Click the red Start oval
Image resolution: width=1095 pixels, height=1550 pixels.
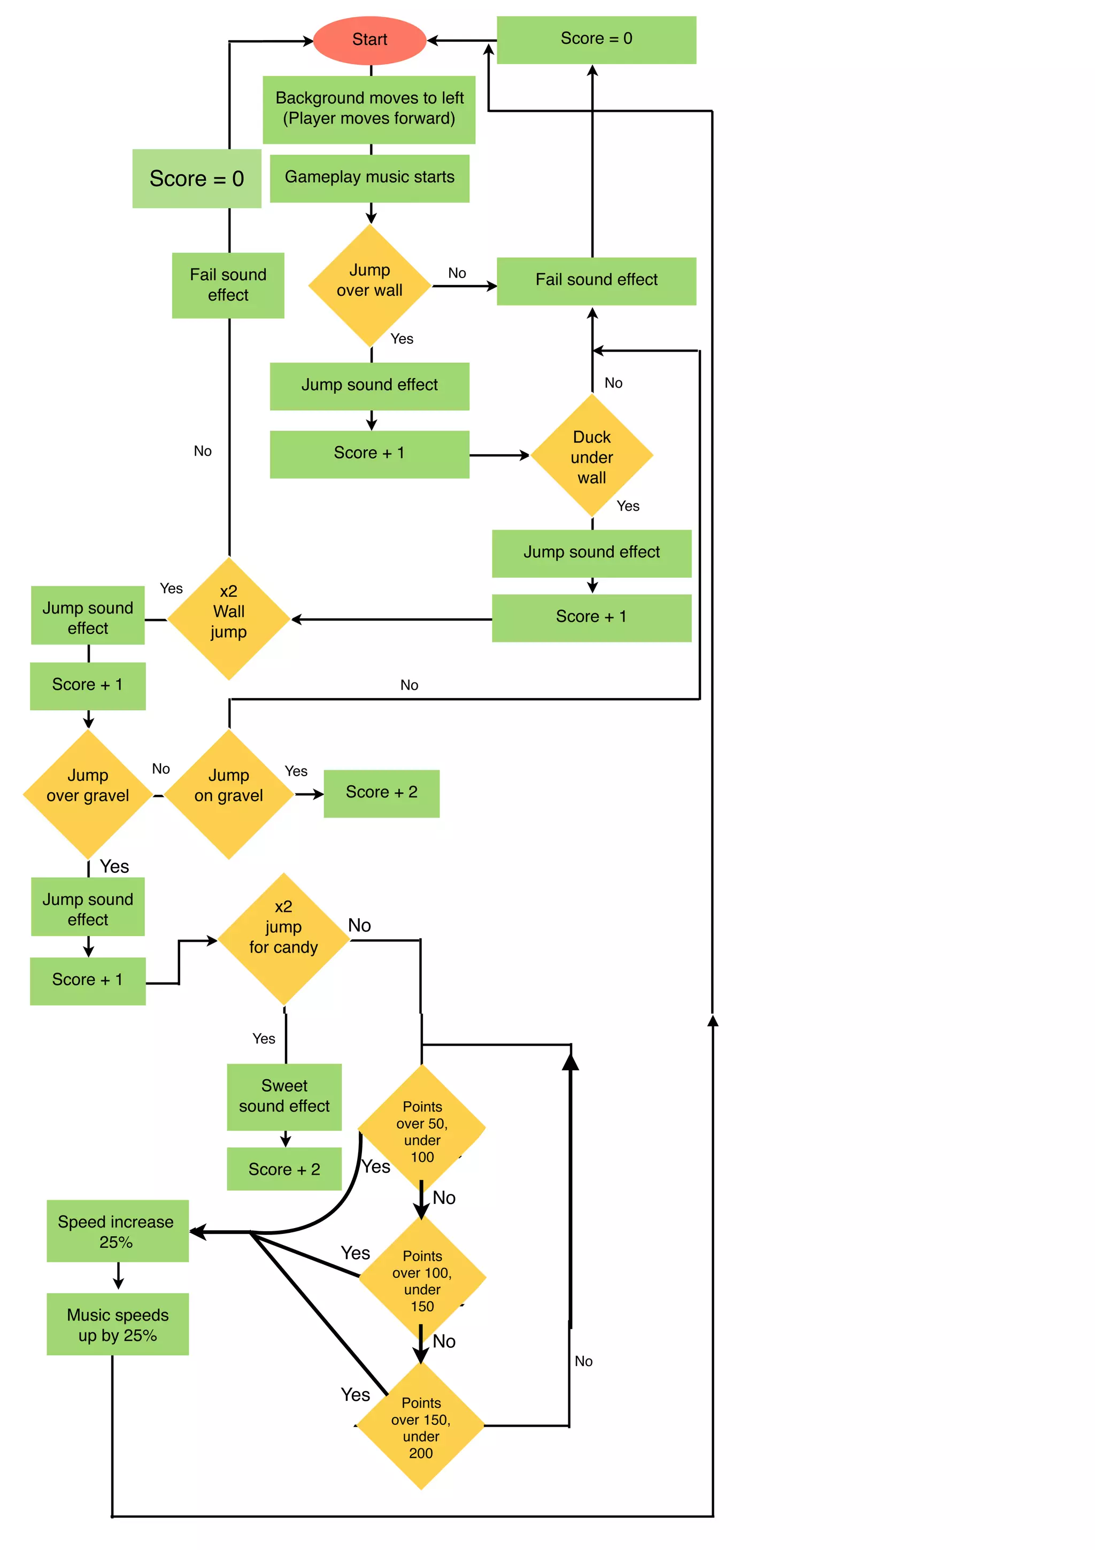pos(369,40)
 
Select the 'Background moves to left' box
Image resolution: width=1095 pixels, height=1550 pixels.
pos(369,109)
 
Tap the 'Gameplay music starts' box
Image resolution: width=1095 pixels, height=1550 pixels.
pos(369,178)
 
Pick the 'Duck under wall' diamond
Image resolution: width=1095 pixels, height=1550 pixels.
pos(592,456)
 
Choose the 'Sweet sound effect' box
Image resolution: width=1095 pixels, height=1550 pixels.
pos(284,1096)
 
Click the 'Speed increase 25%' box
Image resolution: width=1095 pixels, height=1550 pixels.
pos(117,1231)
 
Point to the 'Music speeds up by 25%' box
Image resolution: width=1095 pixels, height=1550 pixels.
pos(118,1324)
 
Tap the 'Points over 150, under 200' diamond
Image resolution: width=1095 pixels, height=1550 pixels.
pos(420,1426)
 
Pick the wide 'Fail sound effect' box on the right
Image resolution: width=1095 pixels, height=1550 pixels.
pos(596,281)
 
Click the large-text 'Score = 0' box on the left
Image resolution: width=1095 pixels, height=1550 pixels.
pos(196,178)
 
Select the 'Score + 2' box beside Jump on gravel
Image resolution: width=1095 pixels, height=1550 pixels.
pos(381,793)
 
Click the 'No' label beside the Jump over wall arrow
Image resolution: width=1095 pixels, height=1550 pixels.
pos(457,273)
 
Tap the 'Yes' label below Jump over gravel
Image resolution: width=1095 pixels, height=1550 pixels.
pos(114,866)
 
